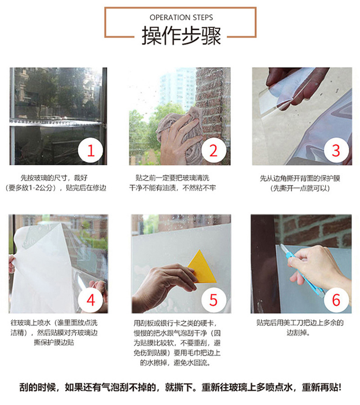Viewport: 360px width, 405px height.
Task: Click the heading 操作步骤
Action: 181,36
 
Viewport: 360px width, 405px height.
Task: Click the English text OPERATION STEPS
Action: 181,18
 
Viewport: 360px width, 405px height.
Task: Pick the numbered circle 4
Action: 91,299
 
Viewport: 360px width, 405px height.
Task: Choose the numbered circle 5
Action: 213,299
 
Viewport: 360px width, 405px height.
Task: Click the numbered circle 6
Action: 335,299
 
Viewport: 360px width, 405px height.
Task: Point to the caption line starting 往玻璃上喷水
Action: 58,323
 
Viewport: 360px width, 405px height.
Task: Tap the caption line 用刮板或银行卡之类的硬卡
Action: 178,323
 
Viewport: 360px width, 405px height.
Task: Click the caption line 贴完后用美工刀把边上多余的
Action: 300,323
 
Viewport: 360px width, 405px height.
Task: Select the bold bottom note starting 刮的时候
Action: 180,387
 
